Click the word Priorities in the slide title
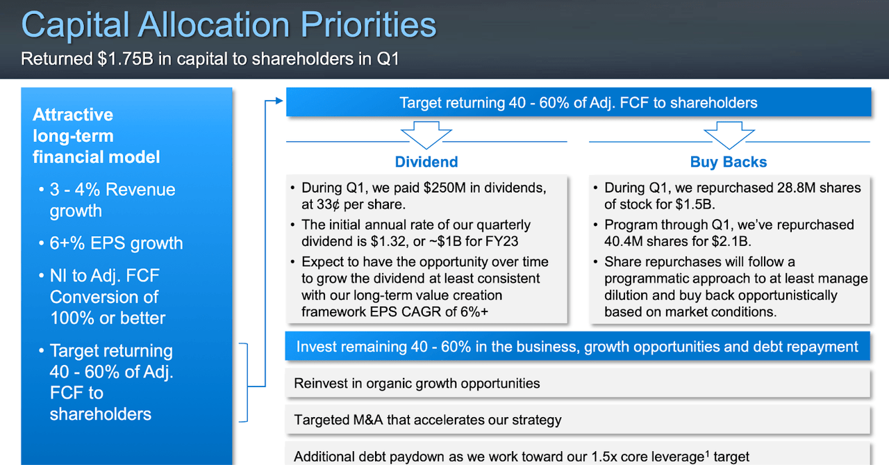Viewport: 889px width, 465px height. coord(368,24)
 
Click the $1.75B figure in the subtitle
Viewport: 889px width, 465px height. coord(126,59)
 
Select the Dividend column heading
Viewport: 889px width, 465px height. coord(426,162)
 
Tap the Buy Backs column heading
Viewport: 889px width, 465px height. coord(729,162)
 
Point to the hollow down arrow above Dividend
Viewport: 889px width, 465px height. coord(426,136)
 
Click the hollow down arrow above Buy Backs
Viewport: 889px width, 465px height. coord(729,136)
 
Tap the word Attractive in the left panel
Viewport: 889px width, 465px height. coord(73,115)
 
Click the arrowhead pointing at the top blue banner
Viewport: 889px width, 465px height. coord(279,101)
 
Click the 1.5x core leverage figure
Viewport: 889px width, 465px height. coord(649,457)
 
